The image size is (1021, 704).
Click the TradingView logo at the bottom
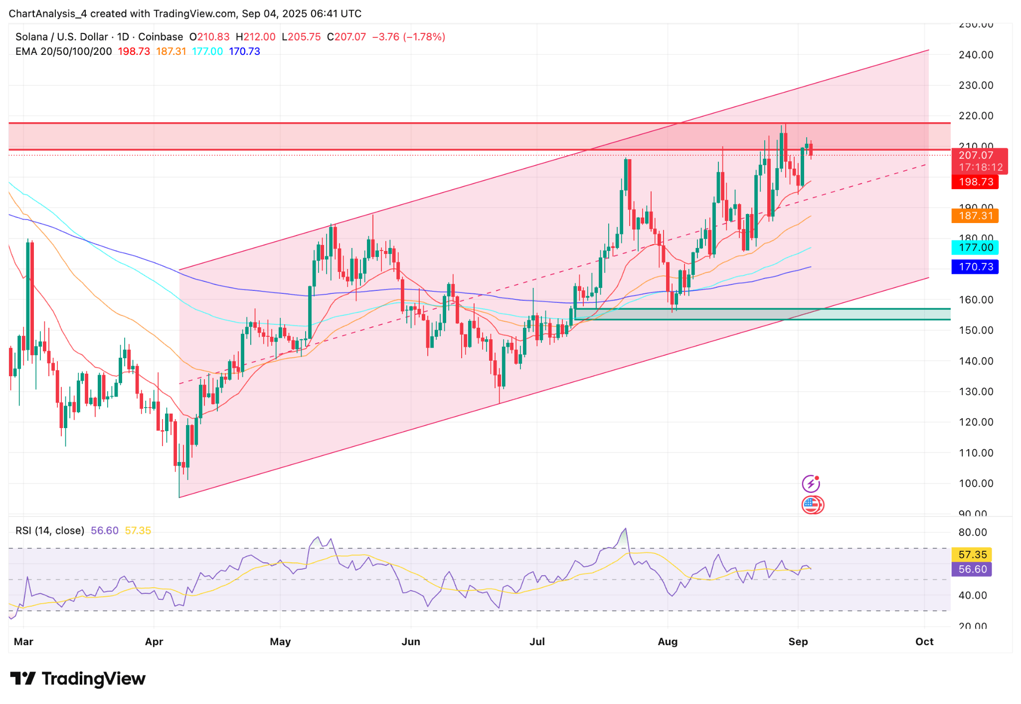78,679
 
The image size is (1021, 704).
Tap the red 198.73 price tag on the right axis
975,182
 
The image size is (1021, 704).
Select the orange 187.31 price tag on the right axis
975,216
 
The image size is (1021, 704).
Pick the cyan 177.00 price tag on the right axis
975,247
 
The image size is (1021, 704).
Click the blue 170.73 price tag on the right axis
975,267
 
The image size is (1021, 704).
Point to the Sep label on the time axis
798,642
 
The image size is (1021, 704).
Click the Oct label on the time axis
924,642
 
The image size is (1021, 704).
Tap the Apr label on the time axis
154,642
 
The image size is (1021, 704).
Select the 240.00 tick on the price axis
976,55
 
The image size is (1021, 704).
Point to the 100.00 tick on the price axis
976,483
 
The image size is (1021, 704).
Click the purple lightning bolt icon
811,483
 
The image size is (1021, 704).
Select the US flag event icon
812,505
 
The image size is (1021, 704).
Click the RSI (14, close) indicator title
50,530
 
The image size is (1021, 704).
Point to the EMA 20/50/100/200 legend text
64,51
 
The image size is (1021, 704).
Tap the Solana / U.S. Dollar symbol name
61,37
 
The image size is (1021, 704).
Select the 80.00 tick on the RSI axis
972,532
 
